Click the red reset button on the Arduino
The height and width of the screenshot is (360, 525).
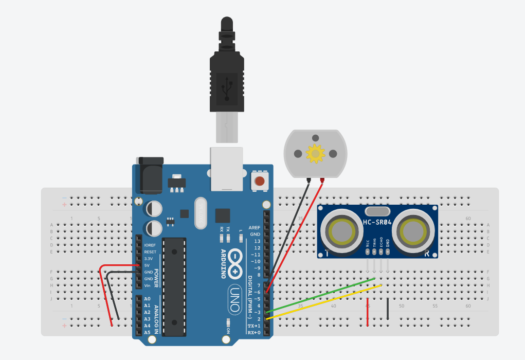pos(260,181)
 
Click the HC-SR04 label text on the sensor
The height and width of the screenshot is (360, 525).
pos(378,222)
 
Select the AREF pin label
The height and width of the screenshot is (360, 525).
pos(255,227)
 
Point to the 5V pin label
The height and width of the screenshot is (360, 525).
pos(147,265)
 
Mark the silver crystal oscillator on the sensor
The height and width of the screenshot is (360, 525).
pos(378,211)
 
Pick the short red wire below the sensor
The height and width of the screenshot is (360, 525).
pos(368,312)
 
